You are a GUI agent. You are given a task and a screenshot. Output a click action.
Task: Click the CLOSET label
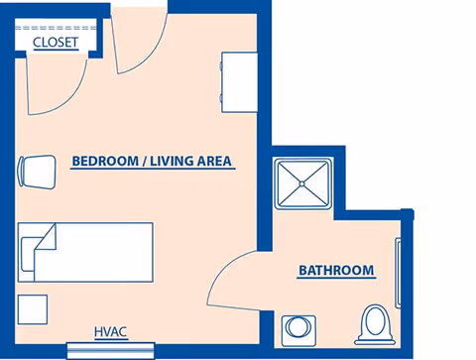[x=56, y=43]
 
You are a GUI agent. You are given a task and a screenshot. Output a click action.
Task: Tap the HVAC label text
[x=110, y=332]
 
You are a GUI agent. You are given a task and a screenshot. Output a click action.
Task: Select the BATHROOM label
[x=336, y=271]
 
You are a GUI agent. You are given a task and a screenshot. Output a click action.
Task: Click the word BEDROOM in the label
[x=105, y=162]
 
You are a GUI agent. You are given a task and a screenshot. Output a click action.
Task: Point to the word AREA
[x=214, y=162]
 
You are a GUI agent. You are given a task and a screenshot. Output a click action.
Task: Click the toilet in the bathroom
[x=375, y=324]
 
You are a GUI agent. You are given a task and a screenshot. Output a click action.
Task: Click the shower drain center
[x=302, y=183]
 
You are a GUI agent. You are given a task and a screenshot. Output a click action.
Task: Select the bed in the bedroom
[x=85, y=252]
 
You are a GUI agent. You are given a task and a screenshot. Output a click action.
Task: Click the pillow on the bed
[x=28, y=254]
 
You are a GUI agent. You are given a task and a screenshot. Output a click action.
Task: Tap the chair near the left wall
[x=37, y=173]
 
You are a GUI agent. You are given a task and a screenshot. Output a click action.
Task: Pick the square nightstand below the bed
[x=33, y=309]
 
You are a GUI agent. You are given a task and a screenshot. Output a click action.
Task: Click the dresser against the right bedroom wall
[x=239, y=82]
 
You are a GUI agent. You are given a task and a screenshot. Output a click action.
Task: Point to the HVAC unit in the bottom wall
[x=111, y=350]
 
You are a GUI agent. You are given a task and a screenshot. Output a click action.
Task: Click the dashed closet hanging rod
[x=56, y=28]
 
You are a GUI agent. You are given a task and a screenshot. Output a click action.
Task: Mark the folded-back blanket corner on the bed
[x=46, y=237]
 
